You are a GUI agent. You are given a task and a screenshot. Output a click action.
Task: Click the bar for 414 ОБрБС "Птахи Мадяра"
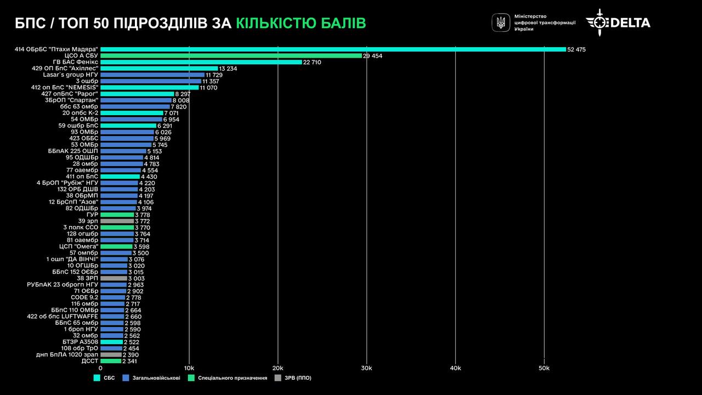pyautogui.click(x=333, y=49)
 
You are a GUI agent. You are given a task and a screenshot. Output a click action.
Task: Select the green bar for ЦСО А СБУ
pyautogui.click(x=231, y=56)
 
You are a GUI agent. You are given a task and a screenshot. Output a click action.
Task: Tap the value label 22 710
pyautogui.click(x=312, y=63)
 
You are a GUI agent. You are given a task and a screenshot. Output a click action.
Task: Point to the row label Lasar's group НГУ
pyautogui.click(x=71, y=75)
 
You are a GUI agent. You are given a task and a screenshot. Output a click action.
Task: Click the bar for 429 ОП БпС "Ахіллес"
pyautogui.click(x=159, y=69)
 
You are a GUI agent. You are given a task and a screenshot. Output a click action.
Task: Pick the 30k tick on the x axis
pyautogui.click(x=366, y=368)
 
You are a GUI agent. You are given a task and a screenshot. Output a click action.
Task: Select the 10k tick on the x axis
pyautogui.click(x=189, y=368)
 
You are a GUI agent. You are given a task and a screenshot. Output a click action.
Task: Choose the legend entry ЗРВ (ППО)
pyautogui.click(x=297, y=378)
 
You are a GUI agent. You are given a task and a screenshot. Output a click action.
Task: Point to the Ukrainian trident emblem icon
pyautogui.click(x=501, y=22)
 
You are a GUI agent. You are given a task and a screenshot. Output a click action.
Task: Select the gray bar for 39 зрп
pyautogui.click(x=117, y=221)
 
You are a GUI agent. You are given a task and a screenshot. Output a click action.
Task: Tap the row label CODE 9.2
pyautogui.click(x=84, y=297)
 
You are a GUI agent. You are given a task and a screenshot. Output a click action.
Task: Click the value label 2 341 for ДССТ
pyautogui.click(x=129, y=361)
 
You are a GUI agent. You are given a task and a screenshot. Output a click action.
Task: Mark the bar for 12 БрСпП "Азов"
pyautogui.click(x=118, y=202)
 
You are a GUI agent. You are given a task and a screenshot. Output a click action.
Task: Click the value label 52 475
pyautogui.click(x=576, y=49)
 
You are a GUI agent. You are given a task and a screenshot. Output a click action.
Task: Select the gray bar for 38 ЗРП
pyautogui.click(x=114, y=279)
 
